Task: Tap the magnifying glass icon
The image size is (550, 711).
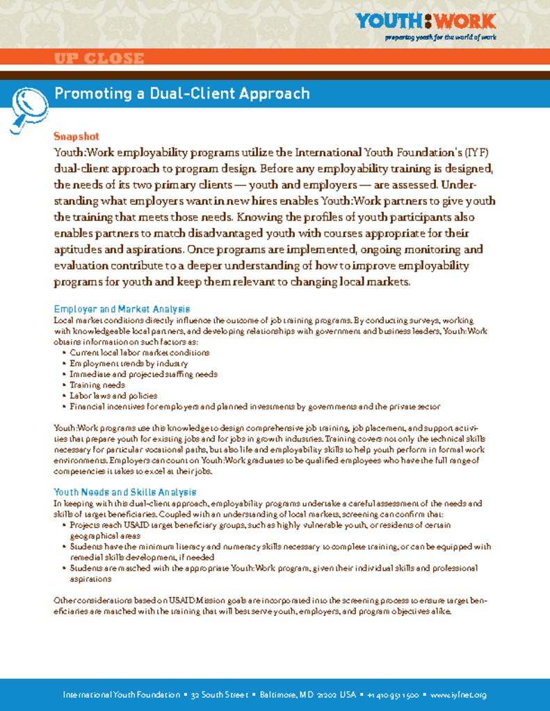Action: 27,103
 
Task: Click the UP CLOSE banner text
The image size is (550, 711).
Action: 99,59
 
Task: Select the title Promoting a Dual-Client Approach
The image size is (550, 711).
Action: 181,94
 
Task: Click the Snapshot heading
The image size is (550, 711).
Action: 76,136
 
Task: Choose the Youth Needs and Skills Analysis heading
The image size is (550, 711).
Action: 124,492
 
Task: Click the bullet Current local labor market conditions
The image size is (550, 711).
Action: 139,353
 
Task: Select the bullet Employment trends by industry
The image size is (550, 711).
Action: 129,363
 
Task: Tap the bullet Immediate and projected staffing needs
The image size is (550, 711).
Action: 143,374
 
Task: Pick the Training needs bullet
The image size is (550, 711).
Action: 97,385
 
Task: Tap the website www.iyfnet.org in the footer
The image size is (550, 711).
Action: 458,694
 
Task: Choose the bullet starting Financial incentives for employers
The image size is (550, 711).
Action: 254,406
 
